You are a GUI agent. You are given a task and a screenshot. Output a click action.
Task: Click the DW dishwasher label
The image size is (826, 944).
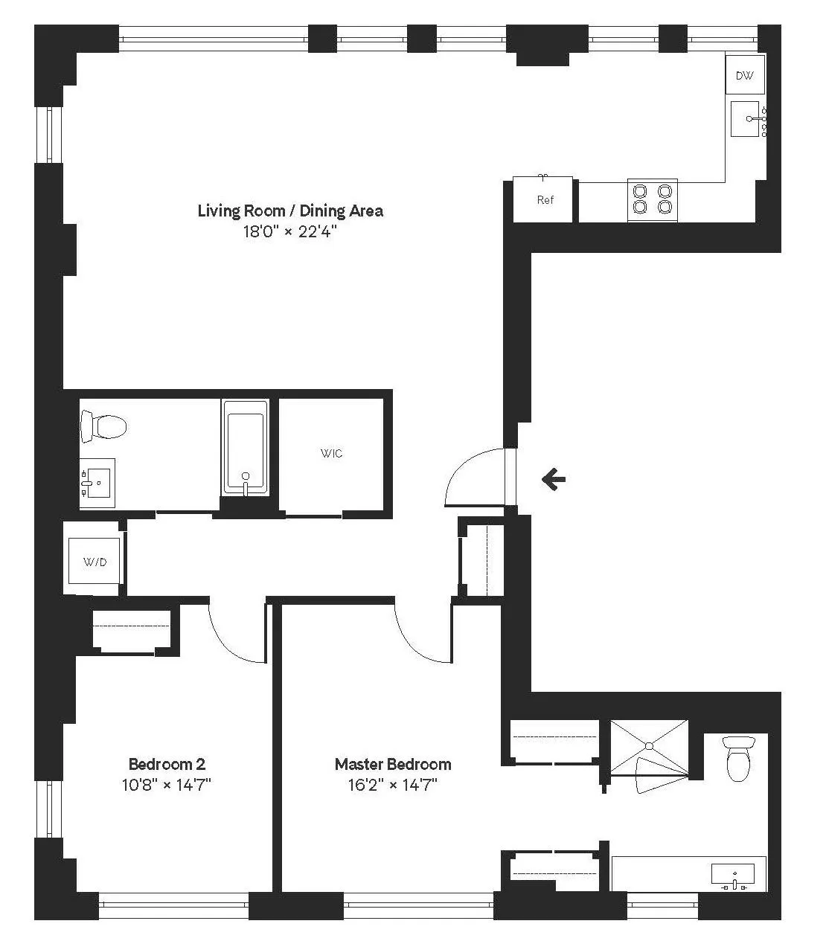tap(744, 75)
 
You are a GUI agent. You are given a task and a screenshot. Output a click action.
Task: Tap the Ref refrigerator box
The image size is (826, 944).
tap(545, 199)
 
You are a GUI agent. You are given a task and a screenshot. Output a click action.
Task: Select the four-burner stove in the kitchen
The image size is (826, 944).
tap(652, 199)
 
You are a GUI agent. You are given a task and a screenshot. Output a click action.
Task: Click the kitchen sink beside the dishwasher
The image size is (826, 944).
tap(746, 119)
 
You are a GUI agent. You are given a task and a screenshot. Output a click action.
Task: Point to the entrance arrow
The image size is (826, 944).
tap(553, 480)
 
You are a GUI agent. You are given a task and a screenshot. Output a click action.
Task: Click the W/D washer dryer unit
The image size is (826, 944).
tap(94, 562)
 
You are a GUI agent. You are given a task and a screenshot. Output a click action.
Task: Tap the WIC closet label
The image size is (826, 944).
tap(332, 453)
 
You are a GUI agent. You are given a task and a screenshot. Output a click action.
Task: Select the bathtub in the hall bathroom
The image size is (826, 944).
tap(246, 447)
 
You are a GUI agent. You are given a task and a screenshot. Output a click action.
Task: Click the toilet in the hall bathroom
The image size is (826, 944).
tap(103, 427)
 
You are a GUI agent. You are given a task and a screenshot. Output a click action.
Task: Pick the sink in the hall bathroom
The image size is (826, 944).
tap(96, 483)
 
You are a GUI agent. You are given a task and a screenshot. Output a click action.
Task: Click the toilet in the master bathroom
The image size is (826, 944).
tap(737, 758)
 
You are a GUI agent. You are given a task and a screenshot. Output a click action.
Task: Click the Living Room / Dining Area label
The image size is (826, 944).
tap(290, 211)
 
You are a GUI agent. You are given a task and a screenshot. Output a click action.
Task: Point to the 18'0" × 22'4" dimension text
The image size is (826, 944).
tap(290, 231)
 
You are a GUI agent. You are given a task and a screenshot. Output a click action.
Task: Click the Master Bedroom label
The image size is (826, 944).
tap(392, 764)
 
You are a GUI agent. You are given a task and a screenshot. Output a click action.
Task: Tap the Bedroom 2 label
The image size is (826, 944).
tap(167, 764)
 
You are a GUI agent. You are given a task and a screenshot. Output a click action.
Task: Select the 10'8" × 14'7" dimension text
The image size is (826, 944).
tap(167, 784)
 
